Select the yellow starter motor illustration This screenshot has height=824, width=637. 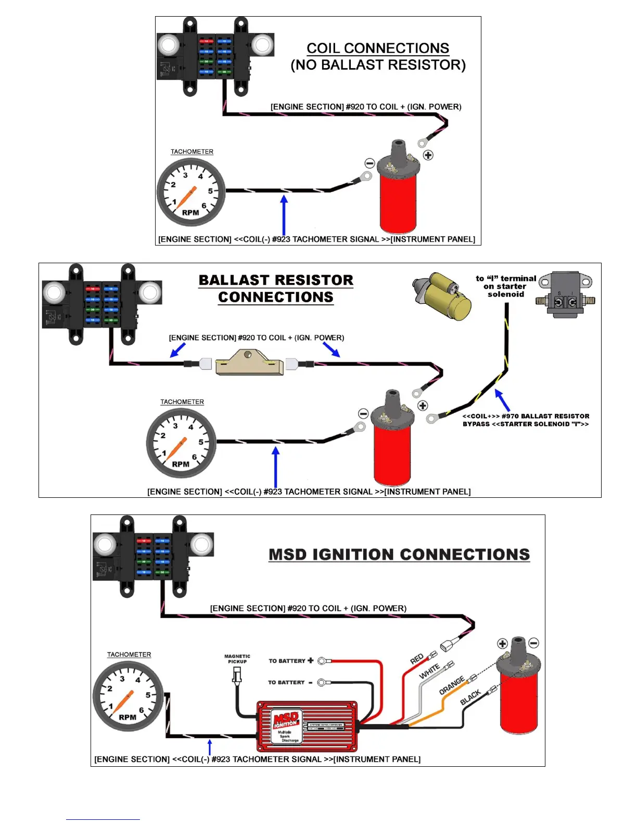443,296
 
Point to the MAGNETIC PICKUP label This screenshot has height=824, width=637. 237,659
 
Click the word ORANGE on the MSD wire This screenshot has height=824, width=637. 451,686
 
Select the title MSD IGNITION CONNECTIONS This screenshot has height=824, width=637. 399,555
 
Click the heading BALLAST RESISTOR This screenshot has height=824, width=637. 276,280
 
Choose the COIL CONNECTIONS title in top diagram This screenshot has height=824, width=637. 378,48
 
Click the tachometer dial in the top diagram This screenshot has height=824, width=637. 191,192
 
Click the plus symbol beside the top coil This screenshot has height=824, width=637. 428,155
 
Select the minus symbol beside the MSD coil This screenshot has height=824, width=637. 533,643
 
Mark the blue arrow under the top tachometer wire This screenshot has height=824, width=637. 284,215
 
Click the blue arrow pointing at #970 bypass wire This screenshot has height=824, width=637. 502,400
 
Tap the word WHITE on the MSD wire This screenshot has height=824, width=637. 429,671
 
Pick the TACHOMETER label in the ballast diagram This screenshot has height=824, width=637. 182,402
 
